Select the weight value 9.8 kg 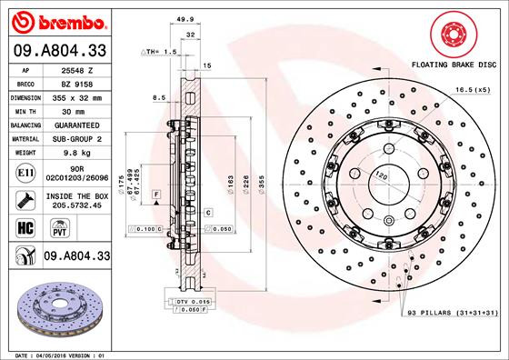(76, 153)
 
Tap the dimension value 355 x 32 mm (76, 95)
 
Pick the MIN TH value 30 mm (76, 109)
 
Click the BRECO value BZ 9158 (76, 82)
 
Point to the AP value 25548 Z (76, 68)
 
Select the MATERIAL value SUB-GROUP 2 (76, 138)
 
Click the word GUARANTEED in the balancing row (76, 124)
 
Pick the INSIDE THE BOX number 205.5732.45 (76, 205)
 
